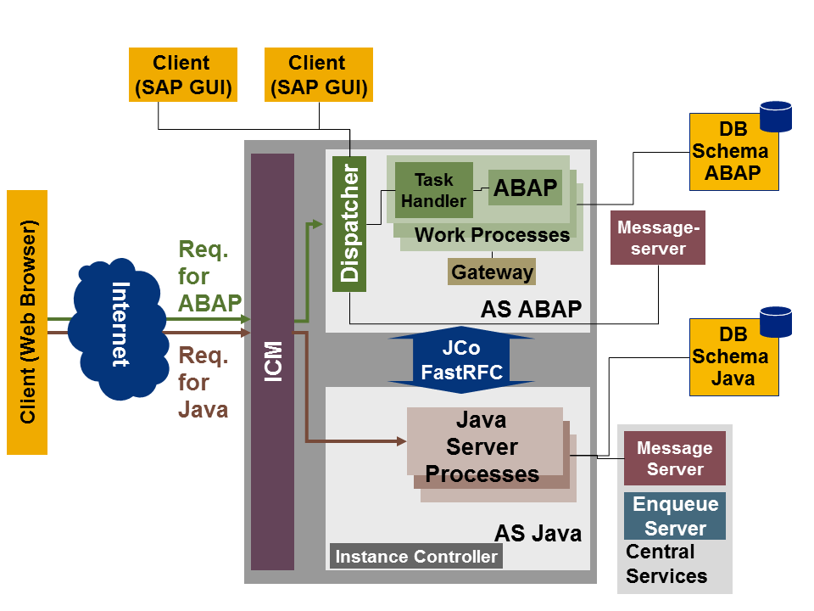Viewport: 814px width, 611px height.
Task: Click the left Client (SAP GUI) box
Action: [x=181, y=76]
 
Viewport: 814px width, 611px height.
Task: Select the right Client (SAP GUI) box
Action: [x=318, y=76]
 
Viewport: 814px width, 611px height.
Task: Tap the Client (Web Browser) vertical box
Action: [x=27, y=322]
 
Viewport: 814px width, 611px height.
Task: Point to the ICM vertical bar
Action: [x=272, y=361]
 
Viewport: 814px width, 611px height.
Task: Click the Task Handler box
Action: [x=433, y=190]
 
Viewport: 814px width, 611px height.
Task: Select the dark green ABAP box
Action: [x=525, y=188]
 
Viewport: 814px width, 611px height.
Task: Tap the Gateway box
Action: [x=492, y=272]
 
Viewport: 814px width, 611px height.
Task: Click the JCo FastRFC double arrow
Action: [x=461, y=360]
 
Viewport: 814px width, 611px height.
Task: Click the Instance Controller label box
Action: [x=415, y=557]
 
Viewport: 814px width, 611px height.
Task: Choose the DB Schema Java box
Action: [x=732, y=357]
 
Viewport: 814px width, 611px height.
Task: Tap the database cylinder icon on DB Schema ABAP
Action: [x=775, y=116]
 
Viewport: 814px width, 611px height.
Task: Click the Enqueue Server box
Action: [x=675, y=516]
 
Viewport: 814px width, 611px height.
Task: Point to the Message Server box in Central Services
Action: [x=675, y=458]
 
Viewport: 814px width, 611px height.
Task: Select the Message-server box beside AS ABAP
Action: [x=658, y=238]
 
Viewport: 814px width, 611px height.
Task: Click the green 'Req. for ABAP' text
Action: [x=209, y=277]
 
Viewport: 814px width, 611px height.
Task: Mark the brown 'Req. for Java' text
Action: [x=203, y=383]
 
